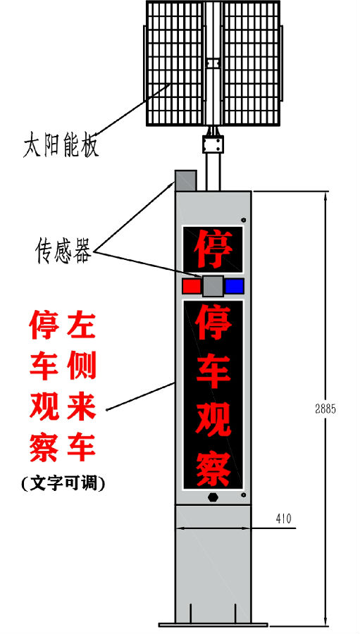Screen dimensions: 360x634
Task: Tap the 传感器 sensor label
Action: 63,250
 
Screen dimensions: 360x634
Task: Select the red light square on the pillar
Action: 192,286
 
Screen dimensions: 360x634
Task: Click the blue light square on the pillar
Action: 235,286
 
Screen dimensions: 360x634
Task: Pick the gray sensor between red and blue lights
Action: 213,286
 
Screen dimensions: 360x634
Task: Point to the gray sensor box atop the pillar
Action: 186,181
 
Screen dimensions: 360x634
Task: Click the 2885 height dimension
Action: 325,409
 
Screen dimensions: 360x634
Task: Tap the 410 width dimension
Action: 283,518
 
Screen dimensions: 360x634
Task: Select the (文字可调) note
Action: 63,483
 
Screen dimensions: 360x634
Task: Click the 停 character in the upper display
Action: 213,249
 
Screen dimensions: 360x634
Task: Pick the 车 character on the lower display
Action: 213,371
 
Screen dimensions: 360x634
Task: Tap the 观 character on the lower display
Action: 213,419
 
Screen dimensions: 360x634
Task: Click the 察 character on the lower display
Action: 213,468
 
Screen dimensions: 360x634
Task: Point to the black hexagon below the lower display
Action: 213,497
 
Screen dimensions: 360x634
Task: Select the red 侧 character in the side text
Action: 81,365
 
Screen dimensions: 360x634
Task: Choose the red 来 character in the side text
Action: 81,406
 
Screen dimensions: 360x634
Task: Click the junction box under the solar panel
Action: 213,144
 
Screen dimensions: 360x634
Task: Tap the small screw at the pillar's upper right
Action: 244,220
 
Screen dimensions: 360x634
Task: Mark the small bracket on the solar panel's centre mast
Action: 213,63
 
